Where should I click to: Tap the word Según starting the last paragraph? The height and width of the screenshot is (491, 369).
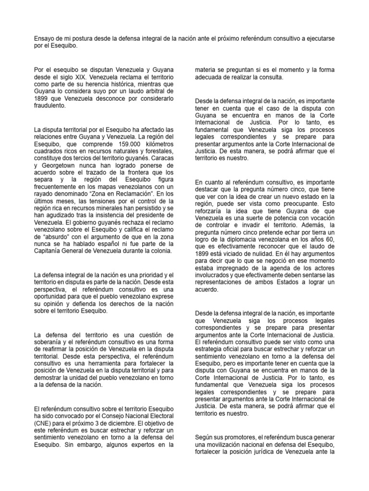point(205,437)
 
